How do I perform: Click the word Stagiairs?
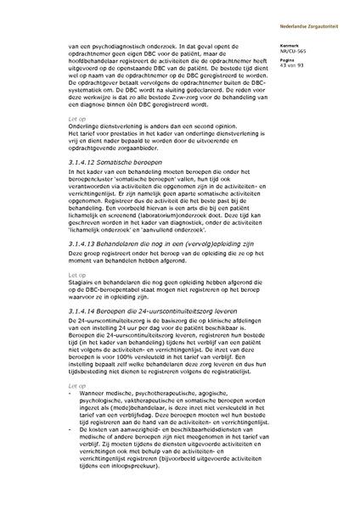(80, 300)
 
